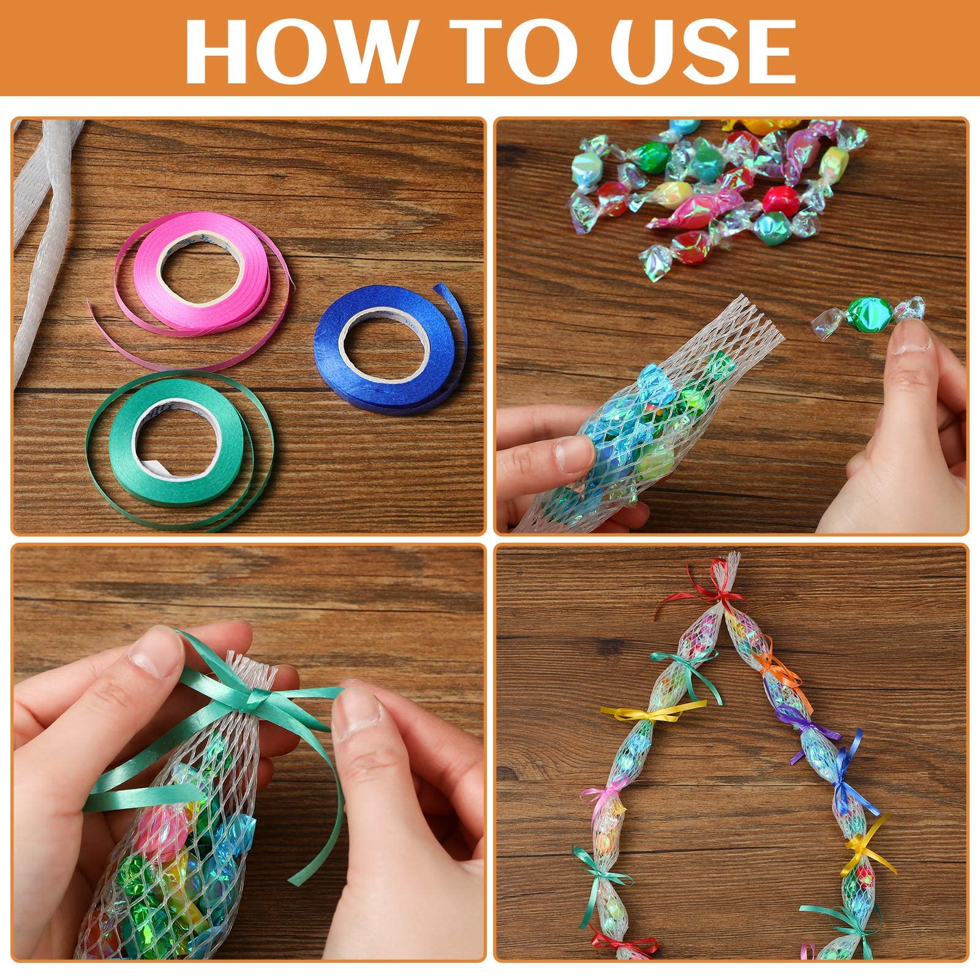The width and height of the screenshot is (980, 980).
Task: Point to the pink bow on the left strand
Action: pyautogui.click(x=603, y=796)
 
